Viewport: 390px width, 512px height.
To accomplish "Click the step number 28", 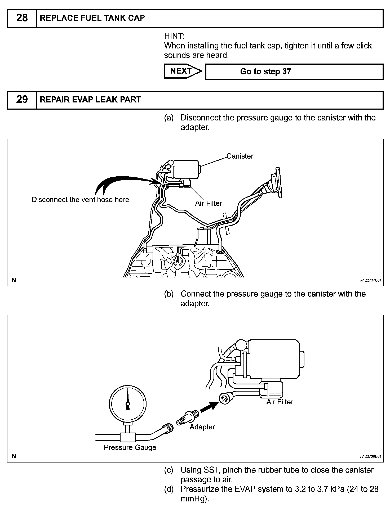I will pyautogui.click(x=22, y=18).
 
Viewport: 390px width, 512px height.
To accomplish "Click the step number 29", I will pyautogui.click(x=22, y=100).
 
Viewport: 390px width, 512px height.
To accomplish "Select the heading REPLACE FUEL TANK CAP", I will pyautogui.click(x=92, y=18).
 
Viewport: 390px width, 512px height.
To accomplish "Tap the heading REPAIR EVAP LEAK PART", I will pyautogui.click(x=90, y=100).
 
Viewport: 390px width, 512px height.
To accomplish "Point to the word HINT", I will pyautogui.click(x=174, y=36).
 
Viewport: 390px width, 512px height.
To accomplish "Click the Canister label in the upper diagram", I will pyautogui.click(x=240, y=156).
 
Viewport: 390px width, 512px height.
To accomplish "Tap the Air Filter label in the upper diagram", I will pyautogui.click(x=209, y=203).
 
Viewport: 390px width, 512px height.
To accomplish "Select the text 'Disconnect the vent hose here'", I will pyautogui.click(x=80, y=200).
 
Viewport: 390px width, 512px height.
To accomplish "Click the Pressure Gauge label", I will pyautogui.click(x=130, y=447).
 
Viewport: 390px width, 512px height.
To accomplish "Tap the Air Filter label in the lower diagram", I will pyautogui.click(x=280, y=402).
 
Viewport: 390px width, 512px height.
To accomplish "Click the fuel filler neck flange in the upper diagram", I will pyautogui.click(x=277, y=183).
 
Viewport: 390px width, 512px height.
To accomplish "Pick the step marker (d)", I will pyautogui.click(x=169, y=489).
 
